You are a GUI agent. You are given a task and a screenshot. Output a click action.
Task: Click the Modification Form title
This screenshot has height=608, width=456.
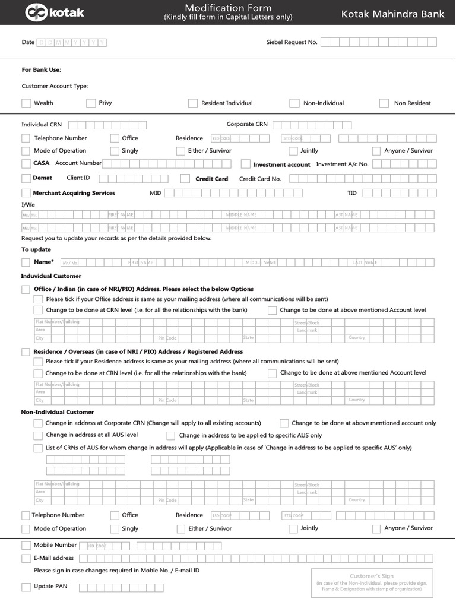pos(228,8)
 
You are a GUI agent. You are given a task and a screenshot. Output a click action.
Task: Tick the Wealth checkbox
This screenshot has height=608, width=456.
pos(26,103)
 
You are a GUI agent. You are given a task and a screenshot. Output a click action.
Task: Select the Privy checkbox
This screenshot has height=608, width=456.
pos(91,103)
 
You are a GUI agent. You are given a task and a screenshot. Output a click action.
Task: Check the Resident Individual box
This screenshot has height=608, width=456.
pos(193,103)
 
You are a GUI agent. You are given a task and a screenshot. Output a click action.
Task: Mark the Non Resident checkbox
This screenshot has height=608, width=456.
pos(384,103)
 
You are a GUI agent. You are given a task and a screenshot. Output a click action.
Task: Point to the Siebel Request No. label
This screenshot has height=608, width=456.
pos(292,42)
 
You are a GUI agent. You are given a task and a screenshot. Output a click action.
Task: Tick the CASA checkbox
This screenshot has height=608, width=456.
pos(26,163)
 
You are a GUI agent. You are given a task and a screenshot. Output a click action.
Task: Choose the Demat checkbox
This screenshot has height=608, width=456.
pos(26,178)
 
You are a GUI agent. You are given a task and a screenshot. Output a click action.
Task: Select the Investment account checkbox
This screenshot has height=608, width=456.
pos(246,164)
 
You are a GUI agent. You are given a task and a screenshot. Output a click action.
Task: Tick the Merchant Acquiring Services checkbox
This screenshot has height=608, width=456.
pos(26,193)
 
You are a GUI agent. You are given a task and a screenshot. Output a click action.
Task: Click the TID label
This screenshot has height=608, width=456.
pos(352,193)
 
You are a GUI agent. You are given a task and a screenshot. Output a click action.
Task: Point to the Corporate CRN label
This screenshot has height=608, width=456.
pos(247,124)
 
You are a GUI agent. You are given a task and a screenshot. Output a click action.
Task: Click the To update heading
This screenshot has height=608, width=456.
pos(36,249)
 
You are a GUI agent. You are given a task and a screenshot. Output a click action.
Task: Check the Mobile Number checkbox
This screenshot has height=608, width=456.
pos(26,545)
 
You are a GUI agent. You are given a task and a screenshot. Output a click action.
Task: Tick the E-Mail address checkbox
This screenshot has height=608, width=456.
pos(26,558)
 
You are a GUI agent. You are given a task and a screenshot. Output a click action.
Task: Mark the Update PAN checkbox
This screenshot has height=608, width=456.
pos(26,587)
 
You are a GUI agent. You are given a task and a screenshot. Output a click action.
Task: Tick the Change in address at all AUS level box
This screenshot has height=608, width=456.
pos(38,435)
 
